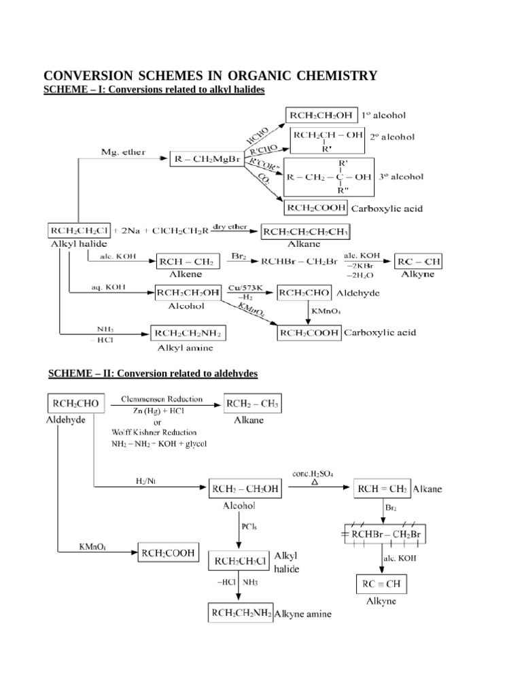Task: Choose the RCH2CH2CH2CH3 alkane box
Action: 306,232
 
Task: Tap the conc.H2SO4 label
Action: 313,473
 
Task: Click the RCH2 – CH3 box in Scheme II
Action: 252,405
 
